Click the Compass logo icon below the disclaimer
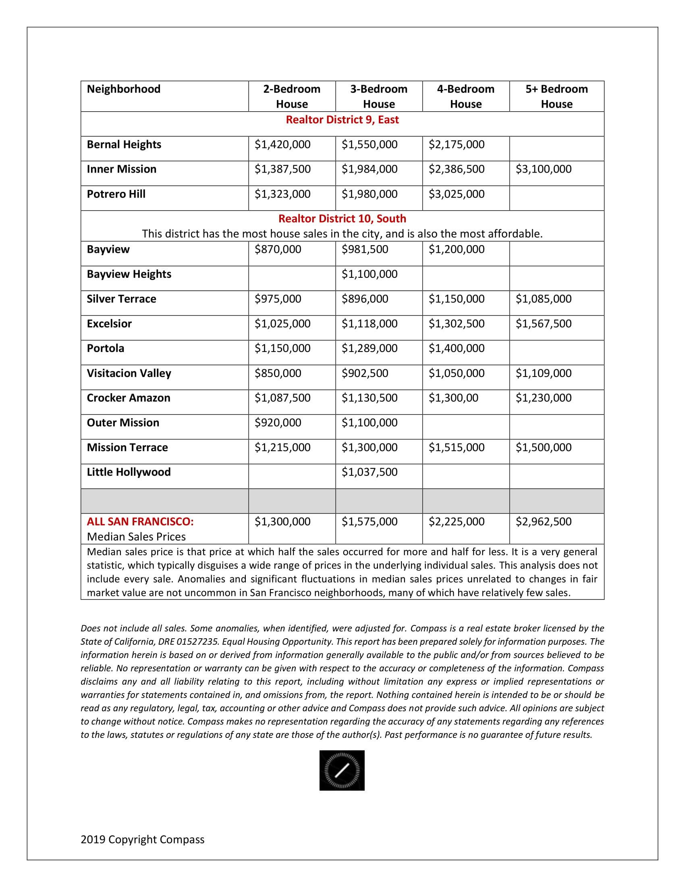[342, 770]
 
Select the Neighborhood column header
[123, 89]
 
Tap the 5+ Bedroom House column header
[556, 96]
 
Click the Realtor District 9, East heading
[342, 120]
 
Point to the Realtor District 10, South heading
[342, 219]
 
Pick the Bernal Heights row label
[124, 145]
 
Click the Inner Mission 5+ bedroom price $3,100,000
[544, 169]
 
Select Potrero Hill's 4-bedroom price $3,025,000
[456, 194]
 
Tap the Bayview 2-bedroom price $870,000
[278, 249]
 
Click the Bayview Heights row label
[129, 274]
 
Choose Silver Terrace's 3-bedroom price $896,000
[364, 299]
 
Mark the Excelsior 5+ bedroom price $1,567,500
[544, 324]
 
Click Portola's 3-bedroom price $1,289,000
[369, 348]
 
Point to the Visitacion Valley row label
[129, 373]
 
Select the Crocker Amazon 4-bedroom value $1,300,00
[453, 398]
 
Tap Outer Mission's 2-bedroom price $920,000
[278, 423]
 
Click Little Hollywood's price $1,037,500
[369, 472]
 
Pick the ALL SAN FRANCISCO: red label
[140, 521]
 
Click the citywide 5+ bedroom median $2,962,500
[544, 521]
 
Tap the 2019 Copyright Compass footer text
[142, 839]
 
